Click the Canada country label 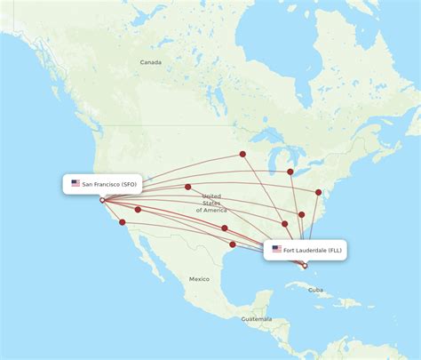[150, 62]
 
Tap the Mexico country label [199, 279]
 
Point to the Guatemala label [256, 318]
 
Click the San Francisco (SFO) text [109, 184]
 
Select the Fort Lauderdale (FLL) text [314, 251]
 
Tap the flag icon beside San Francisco [75, 184]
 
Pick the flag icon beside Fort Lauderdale [277, 250]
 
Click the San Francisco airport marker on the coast [102, 200]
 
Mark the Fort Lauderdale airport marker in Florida [306, 266]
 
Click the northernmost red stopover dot [242, 154]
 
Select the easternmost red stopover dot [319, 192]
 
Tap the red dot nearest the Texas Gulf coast [233, 244]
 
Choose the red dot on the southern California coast [123, 222]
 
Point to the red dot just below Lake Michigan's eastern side [290, 172]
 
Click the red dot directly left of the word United [188, 187]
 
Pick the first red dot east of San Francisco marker [138, 210]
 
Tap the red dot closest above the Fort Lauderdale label [285, 224]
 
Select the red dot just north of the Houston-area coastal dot [225, 228]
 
